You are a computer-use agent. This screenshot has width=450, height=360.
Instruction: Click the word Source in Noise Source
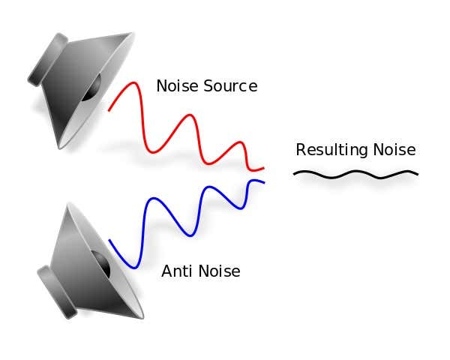click(232, 86)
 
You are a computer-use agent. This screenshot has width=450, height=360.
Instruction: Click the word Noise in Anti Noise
click(219, 271)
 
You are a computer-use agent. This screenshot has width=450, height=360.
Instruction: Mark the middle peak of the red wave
click(190, 115)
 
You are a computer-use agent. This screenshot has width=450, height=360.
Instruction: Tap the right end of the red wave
click(263, 168)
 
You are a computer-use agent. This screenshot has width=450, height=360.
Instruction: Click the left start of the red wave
click(109, 110)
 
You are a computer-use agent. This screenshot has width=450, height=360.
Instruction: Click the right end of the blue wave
click(264, 181)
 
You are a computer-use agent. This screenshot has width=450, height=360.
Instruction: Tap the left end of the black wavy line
click(294, 174)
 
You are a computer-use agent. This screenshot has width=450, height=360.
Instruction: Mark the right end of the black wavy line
click(417, 174)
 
